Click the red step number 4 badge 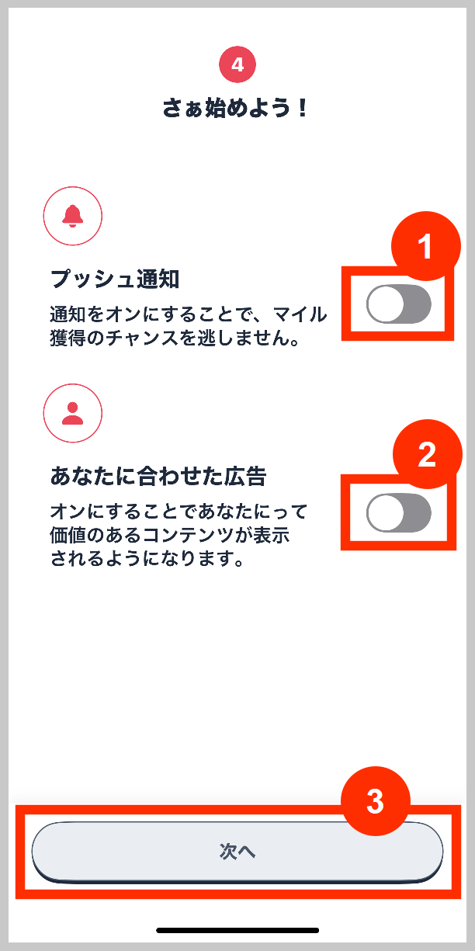[x=237, y=64]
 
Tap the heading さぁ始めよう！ [x=237, y=109]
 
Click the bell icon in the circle [x=73, y=215]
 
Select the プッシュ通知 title [x=115, y=279]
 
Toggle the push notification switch [x=398, y=304]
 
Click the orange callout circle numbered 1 [x=425, y=247]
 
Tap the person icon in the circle [x=73, y=413]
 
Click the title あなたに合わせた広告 [x=158, y=477]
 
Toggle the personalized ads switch [x=398, y=512]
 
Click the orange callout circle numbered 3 [x=375, y=802]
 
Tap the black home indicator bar [x=237, y=930]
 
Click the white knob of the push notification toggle [x=386, y=304]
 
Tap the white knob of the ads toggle [x=386, y=512]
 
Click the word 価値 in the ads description [x=66, y=536]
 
